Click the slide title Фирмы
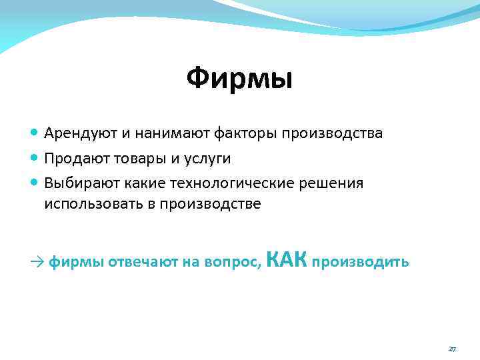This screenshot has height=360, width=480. (239, 79)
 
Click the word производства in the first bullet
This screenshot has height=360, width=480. (331, 133)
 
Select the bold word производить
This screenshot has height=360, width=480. (360, 262)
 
